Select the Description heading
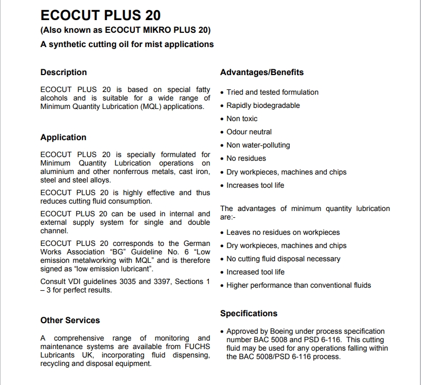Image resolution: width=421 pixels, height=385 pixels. pyautogui.click(x=63, y=72)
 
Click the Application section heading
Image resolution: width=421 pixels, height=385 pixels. pyautogui.click(x=63, y=137)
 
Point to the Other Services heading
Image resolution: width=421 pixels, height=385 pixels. pyautogui.click(x=70, y=320)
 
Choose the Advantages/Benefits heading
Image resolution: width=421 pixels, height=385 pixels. pyautogui.click(x=262, y=72)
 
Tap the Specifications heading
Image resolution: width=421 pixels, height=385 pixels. pyautogui.click(x=249, y=314)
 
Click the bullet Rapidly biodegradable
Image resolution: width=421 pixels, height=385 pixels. pyautogui.click(x=263, y=105)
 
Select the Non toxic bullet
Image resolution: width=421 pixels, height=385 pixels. pyautogui.click(x=242, y=118)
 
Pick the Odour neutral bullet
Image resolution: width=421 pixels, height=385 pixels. pyautogui.click(x=249, y=132)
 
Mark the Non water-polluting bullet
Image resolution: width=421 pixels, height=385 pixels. pyautogui.click(x=258, y=145)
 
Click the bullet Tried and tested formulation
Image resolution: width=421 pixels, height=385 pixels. pyautogui.click(x=272, y=92)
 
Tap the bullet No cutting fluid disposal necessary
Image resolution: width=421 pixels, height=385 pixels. pyautogui.click(x=283, y=259)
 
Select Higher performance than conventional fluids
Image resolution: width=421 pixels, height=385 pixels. pyautogui.click(x=299, y=285)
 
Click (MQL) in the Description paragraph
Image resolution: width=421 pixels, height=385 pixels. pyautogui.click(x=151, y=106)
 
